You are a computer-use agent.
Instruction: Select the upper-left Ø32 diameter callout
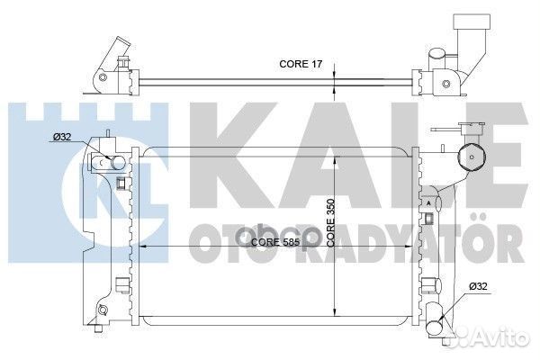[x=65, y=138]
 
